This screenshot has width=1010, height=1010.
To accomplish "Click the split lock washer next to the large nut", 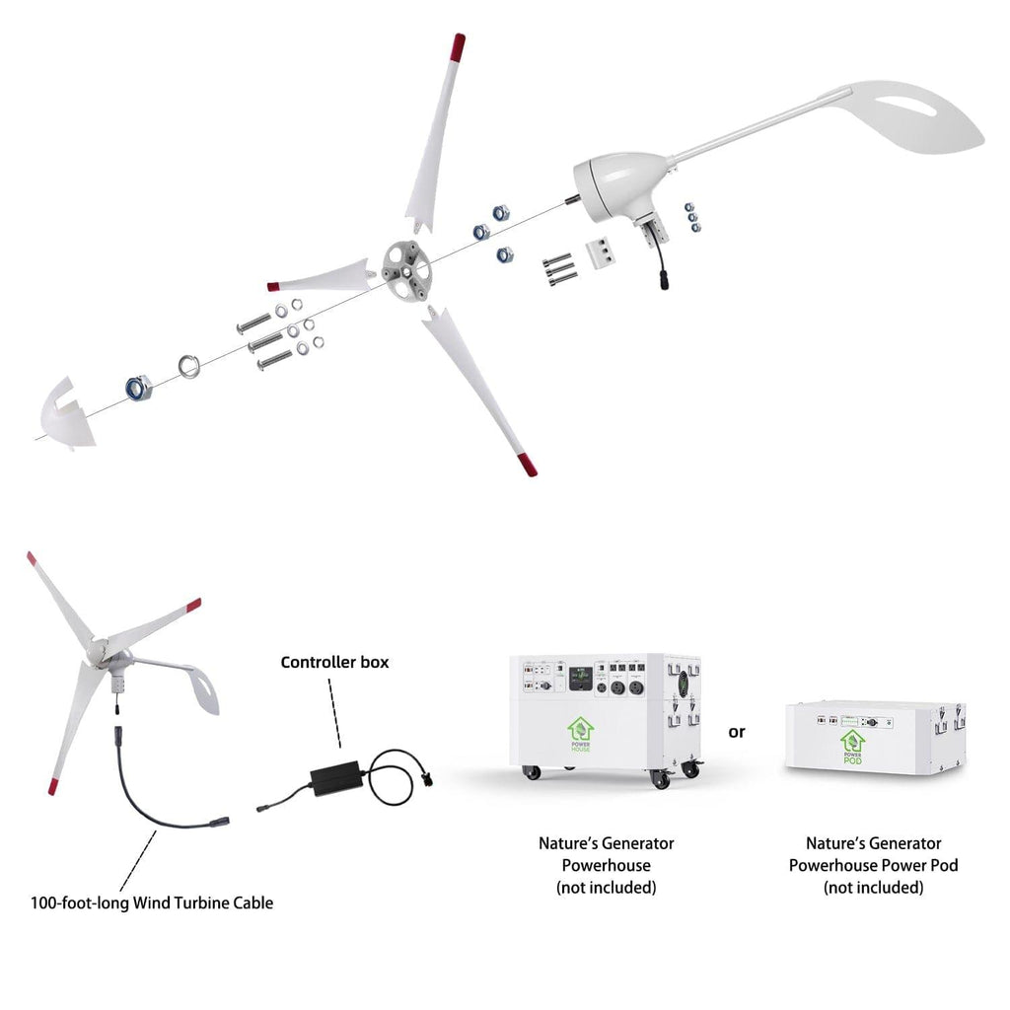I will [187, 368].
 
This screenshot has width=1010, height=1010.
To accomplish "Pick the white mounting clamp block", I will [600, 252].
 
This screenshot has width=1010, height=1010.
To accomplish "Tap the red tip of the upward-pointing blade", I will [457, 46].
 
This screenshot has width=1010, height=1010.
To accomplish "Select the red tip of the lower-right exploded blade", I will [528, 464].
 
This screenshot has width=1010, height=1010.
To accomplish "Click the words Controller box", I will [334, 662].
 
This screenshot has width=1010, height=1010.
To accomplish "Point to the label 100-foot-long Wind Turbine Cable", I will [152, 902].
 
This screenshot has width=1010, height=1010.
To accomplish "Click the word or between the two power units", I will [737, 732].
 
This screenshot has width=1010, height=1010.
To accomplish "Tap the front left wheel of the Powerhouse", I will [533, 772].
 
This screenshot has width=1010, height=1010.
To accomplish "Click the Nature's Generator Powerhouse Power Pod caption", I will [873, 865].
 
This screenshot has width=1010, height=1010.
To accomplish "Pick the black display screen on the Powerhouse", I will [582, 680].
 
